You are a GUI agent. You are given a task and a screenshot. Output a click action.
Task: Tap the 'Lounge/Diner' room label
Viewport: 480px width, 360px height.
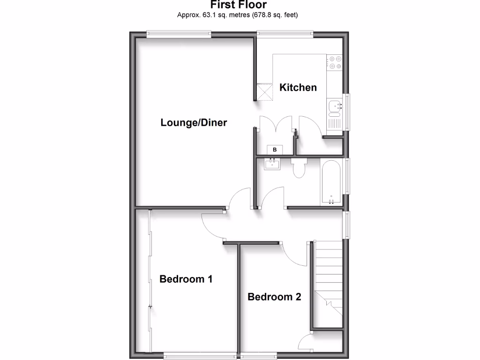point(194,123)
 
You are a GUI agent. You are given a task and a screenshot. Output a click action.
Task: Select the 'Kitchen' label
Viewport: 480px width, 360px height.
point(298,87)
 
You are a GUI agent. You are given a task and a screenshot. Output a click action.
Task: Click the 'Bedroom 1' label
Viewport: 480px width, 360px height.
point(186,279)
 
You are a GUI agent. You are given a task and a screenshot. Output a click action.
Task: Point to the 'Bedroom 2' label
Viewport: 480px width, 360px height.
point(274,297)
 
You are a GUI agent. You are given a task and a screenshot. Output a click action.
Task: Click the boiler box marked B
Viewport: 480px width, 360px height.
point(275,150)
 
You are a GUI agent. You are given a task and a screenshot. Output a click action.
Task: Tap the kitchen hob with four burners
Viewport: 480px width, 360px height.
point(335,63)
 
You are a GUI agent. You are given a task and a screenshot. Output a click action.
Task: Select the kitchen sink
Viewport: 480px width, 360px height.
point(335,108)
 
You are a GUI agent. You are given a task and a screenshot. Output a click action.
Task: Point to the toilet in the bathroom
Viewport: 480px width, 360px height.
point(298,168)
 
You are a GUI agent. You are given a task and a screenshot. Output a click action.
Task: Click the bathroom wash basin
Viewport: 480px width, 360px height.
point(272,164)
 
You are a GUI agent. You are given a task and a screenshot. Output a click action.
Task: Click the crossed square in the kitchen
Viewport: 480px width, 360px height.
point(265,91)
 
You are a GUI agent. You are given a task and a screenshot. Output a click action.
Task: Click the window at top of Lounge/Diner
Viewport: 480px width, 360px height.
point(178,33)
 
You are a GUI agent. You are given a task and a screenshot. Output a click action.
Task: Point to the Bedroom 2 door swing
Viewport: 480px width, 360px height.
point(295,255)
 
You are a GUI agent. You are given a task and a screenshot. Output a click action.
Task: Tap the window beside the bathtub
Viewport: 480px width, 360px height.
point(347,176)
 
